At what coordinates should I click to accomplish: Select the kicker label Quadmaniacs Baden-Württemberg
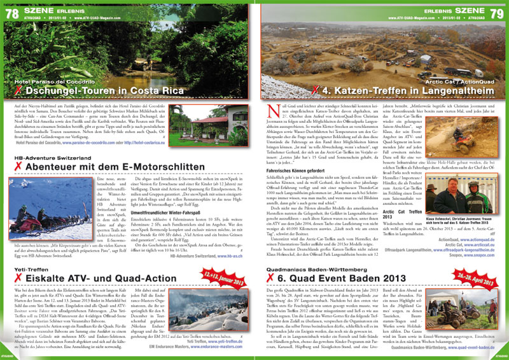pos(312,251)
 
